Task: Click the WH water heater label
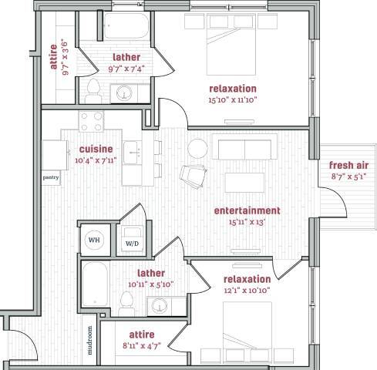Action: click(x=94, y=240)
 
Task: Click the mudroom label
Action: click(x=89, y=339)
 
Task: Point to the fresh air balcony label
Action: click(x=348, y=166)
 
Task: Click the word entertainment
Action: click(x=247, y=210)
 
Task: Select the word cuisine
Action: click(x=96, y=149)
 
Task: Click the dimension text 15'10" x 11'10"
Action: click(x=232, y=99)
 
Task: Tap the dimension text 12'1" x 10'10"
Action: click(x=247, y=291)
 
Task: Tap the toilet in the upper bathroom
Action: click(x=93, y=89)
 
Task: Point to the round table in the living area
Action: click(x=198, y=146)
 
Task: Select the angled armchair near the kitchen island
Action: click(x=189, y=177)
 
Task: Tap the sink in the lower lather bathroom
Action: click(x=160, y=306)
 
